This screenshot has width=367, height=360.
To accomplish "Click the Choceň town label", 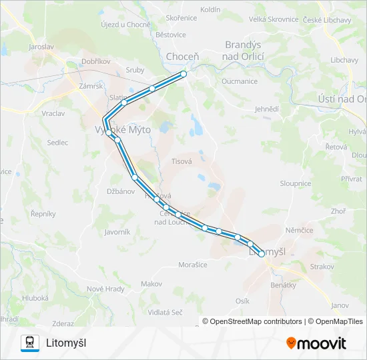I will click(182, 57).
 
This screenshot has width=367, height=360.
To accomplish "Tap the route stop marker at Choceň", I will click(183, 74).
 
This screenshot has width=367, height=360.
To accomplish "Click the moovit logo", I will click(316, 343).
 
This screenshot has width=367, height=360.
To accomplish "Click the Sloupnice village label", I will click(295, 183).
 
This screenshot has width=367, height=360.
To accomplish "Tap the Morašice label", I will click(193, 265).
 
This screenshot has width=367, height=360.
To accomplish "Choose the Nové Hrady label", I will click(105, 289).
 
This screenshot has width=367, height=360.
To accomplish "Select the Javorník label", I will click(117, 232).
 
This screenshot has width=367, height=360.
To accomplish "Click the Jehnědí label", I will click(266, 108).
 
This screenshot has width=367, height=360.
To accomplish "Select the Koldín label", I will click(229, 9).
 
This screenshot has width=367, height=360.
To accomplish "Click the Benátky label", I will click(284, 285).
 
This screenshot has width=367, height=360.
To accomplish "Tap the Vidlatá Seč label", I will click(165, 312).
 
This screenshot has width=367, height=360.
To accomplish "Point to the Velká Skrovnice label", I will click(274, 19).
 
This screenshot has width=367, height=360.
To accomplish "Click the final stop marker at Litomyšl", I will click(262, 253).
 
